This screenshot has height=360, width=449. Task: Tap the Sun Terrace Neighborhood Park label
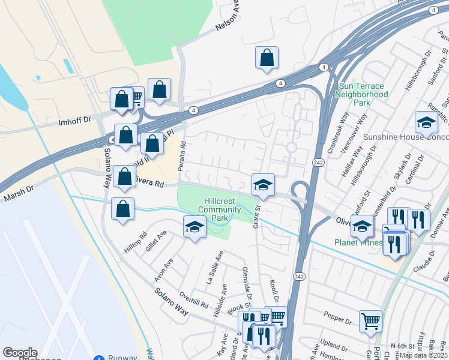(362, 94)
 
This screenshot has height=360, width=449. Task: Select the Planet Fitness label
(358, 242)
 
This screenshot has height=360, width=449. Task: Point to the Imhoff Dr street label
(74, 120)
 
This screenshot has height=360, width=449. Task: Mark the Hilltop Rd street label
(135, 241)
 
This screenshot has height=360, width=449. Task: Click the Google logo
(20, 353)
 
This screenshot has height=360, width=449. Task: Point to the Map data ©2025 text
(424, 355)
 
